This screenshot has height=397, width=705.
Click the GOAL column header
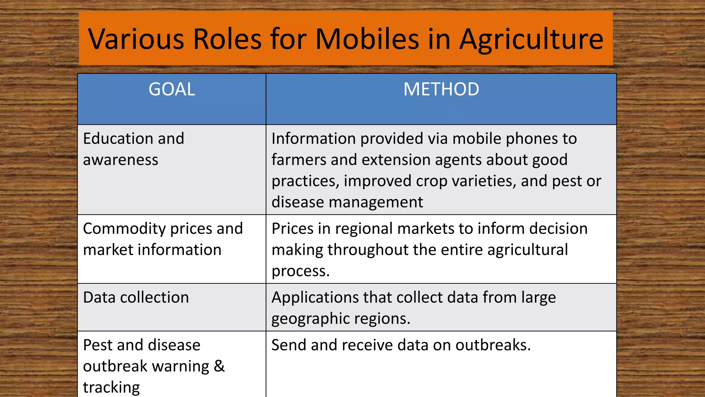click(x=172, y=89)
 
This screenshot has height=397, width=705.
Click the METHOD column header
click(x=441, y=89)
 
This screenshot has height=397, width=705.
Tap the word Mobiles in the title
click(x=367, y=39)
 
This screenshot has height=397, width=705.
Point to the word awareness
click(x=120, y=160)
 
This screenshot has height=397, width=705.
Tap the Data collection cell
click(x=136, y=297)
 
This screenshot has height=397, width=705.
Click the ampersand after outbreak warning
click(x=219, y=366)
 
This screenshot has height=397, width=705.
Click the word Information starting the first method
click(x=313, y=139)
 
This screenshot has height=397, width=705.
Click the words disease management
click(x=347, y=202)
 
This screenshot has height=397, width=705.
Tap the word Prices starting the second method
click(x=293, y=229)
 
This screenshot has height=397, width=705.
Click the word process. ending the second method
click(x=301, y=271)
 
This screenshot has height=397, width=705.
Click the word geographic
click(x=310, y=319)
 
